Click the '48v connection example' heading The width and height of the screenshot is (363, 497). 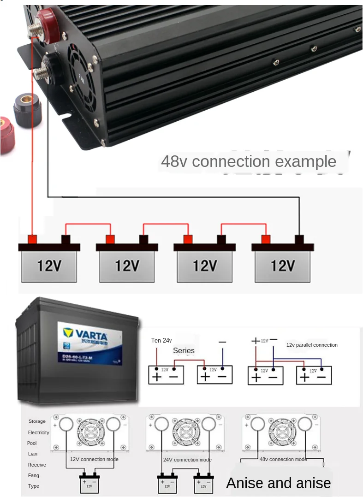coord(249,161)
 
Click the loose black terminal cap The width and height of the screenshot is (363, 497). coord(28,109)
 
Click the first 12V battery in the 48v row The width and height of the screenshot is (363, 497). coord(49,265)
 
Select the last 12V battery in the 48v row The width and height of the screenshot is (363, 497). coord(282,265)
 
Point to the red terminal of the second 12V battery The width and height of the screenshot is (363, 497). coord(110,239)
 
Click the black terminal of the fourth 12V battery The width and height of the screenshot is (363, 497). coord(299,239)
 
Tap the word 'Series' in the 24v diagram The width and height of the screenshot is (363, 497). coord(184,350)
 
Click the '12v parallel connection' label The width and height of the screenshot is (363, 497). coord(312,345)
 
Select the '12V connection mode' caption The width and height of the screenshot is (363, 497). coord(94,459)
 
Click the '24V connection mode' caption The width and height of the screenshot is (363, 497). coord(187,460)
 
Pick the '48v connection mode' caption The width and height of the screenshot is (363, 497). coord(283,459)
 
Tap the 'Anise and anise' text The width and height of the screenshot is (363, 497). coord(278,483)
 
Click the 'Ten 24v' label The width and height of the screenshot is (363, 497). coord(161,340)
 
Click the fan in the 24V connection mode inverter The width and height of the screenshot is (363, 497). coord(186,432)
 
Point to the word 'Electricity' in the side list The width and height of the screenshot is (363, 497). coord(39,432)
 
